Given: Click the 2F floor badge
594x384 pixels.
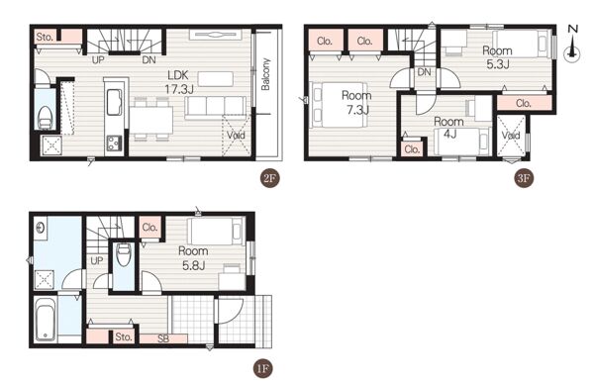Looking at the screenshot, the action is click(269, 178).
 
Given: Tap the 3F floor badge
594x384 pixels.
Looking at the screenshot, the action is click(524, 178).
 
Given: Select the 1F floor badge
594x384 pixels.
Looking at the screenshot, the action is click(263, 368).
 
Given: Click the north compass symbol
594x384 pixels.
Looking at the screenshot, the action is click(572, 44).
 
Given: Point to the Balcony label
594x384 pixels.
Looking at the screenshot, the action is click(265, 74).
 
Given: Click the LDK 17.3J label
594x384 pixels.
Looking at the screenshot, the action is click(179, 82).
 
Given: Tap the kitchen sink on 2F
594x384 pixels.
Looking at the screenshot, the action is click(114, 102).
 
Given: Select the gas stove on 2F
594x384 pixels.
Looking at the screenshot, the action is click(114, 144).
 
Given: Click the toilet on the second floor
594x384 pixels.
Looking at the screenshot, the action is click(46, 118).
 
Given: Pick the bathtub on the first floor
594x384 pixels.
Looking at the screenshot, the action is click(46, 320).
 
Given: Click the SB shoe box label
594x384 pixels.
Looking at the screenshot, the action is click(163, 338).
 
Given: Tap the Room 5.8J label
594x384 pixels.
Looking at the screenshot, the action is click(193, 258).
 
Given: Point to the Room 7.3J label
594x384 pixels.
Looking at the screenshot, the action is click(356, 103).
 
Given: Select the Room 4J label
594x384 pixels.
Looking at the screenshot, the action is click(448, 128).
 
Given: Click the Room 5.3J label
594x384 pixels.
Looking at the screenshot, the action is click(497, 57).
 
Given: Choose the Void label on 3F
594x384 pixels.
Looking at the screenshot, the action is click(511, 136).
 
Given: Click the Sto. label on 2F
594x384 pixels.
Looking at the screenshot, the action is click(45, 37).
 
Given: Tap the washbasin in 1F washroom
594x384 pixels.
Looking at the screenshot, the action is click(41, 228).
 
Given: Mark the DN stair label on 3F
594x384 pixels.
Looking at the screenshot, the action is click(425, 71).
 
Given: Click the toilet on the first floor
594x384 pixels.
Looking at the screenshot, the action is click(124, 255).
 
